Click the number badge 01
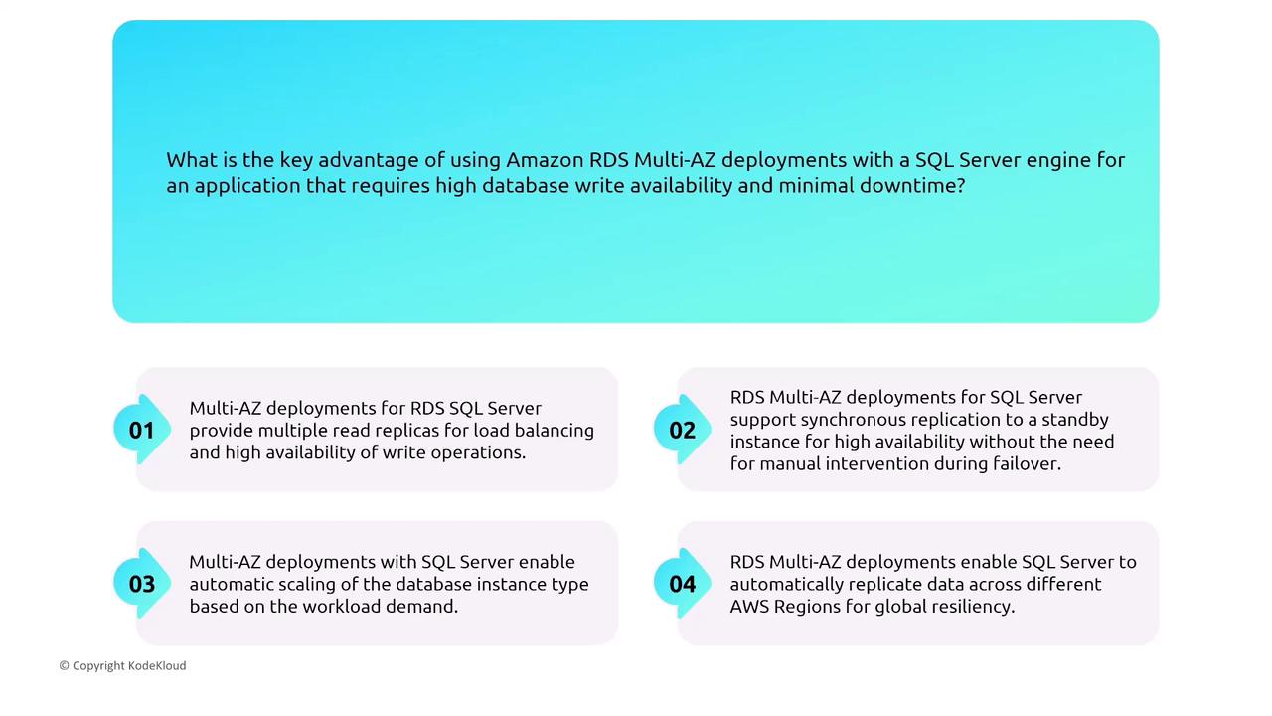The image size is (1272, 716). [142, 430]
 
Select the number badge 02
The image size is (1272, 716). [682, 430]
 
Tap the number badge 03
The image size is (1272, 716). [142, 584]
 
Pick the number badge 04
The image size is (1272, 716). [682, 584]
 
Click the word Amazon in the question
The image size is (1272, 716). [545, 160]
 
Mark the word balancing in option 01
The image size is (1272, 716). [555, 432]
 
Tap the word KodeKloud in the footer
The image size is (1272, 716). [157, 665]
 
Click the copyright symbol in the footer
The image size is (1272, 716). [65, 666]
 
